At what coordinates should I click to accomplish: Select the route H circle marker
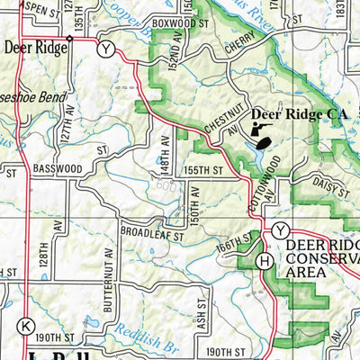point(263,261)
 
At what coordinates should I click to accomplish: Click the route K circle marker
point(27,325)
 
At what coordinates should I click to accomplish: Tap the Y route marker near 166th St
point(280,229)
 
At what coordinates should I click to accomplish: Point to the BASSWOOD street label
point(56,168)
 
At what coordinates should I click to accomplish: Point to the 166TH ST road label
point(232,244)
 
